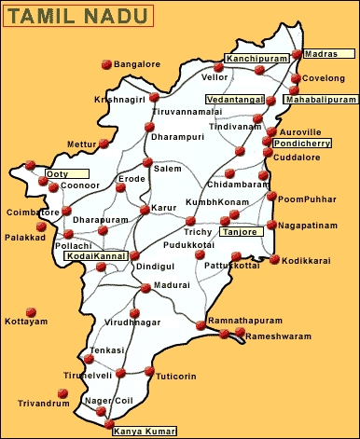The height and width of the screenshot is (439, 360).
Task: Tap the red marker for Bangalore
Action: (x=106, y=64)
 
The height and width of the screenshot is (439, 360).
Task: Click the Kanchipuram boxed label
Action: (x=258, y=59)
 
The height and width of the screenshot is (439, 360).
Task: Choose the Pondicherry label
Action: (x=303, y=143)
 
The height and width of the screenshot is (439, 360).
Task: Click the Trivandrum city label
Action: (x=44, y=404)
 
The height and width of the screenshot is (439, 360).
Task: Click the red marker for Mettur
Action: (x=104, y=144)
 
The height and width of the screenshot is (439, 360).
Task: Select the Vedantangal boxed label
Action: (x=234, y=98)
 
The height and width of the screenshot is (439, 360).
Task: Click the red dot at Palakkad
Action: (x=40, y=226)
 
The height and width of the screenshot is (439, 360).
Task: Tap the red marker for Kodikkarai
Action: (x=274, y=260)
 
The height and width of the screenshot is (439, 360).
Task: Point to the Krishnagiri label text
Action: (x=119, y=99)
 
